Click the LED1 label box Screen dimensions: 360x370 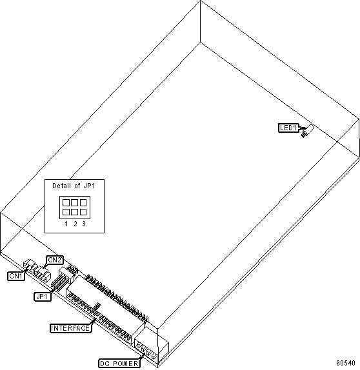click(288, 128)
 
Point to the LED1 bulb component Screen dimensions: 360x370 click(308, 130)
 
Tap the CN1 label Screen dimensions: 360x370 click(16, 276)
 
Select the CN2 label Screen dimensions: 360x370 click(55, 260)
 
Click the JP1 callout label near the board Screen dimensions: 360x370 click(43, 297)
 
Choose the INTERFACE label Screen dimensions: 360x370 click(70, 328)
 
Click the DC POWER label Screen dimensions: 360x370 click(119, 364)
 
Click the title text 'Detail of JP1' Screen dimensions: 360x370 click(74, 186)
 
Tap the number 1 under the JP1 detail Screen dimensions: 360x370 click(66, 224)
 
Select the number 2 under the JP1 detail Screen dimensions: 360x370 click(75, 224)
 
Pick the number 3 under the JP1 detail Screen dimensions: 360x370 click(84, 224)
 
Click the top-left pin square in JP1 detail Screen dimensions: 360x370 click(66, 202)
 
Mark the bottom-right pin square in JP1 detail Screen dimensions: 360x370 click(83, 212)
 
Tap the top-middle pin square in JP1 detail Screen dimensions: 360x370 click(74, 202)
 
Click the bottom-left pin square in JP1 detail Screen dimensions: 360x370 click(66, 212)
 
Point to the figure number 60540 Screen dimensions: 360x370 click(346, 363)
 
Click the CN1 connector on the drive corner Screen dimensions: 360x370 click(29, 264)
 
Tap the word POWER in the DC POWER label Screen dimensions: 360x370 click(126, 364)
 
